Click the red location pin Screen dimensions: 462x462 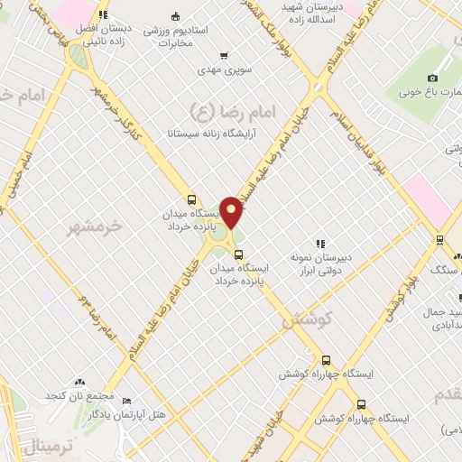232,211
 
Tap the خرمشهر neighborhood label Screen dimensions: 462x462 95,227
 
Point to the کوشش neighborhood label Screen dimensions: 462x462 308,319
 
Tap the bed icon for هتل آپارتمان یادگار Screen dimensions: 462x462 125,402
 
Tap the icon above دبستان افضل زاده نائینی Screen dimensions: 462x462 103,14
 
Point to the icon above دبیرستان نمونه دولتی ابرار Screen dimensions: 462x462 319,243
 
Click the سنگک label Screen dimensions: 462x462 446,269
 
